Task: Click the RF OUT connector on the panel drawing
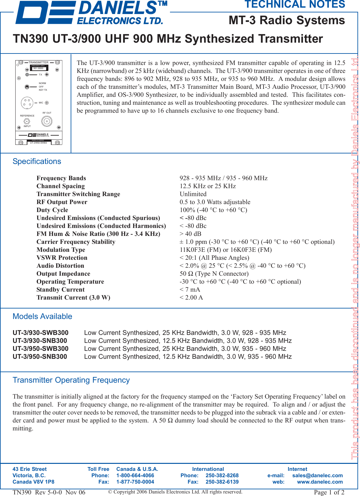(x=47, y=121)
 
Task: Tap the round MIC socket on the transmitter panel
(x=27, y=103)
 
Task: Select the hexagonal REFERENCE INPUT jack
(x=27, y=121)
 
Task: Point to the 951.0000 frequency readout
(x=39, y=68)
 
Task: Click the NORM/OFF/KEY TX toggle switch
(x=27, y=87)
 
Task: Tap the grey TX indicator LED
(x=27, y=75)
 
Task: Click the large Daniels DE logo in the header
(x=45, y=13)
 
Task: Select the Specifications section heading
(x=37, y=161)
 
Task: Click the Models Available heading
(x=42, y=316)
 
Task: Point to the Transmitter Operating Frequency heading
(x=71, y=380)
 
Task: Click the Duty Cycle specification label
(x=52, y=210)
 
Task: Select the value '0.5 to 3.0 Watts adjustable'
(x=215, y=202)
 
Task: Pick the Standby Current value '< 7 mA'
(x=190, y=290)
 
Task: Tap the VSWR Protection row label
(x=62, y=258)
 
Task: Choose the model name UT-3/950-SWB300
(x=40, y=349)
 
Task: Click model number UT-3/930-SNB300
(x=40, y=341)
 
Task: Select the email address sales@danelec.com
(x=317, y=475)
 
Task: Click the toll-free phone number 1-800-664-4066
(x=135, y=475)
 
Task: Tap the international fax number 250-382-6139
(x=222, y=482)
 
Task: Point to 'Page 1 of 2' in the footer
(x=329, y=492)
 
